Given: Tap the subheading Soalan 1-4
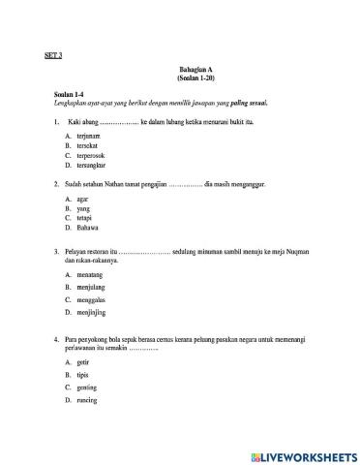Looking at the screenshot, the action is [68, 93].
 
